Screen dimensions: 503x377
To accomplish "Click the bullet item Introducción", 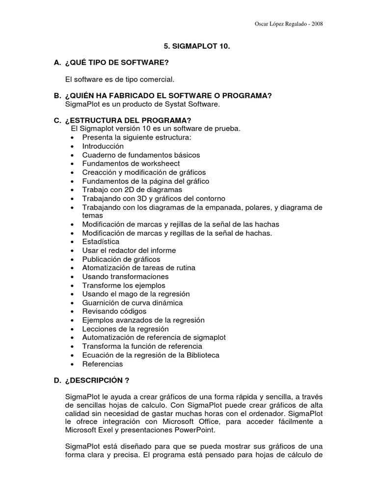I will tap(103, 146).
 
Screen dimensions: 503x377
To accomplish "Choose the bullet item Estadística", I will tap(101, 242).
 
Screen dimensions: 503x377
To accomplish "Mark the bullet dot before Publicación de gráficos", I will tap(73, 259).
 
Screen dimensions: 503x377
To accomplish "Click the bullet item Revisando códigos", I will tap(114, 311).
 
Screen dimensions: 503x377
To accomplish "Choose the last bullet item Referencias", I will tap(103, 364).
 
